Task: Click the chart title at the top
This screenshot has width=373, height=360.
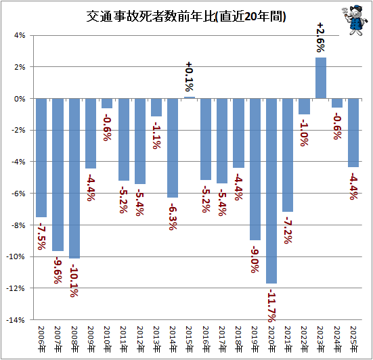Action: tap(186, 16)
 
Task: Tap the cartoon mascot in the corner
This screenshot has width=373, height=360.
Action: tap(353, 20)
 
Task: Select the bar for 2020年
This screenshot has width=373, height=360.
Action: tap(271, 191)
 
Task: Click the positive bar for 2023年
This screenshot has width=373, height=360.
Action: tap(321, 78)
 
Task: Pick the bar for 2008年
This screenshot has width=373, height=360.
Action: tap(74, 179)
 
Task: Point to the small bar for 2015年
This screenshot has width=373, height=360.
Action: tap(190, 97)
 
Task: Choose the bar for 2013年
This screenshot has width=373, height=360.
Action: tap(156, 107)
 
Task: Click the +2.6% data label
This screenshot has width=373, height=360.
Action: tap(321, 37)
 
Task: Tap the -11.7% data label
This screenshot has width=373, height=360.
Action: tap(271, 305)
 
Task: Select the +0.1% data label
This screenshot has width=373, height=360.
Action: tap(190, 76)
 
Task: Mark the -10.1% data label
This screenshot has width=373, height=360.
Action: tap(74, 281)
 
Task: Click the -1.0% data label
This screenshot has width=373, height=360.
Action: tap(304, 133)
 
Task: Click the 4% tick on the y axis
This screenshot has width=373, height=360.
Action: tap(20, 36)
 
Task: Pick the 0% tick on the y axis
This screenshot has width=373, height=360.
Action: tap(20, 99)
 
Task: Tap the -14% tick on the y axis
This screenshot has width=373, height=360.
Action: tap(16, 320)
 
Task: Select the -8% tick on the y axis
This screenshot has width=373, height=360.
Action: tap(18, 225)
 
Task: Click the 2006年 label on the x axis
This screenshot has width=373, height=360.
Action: tap(41, 339)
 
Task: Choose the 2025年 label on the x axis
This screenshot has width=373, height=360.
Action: tap(354, 339)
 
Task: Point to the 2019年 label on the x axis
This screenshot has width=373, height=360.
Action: tap(255, 339)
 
